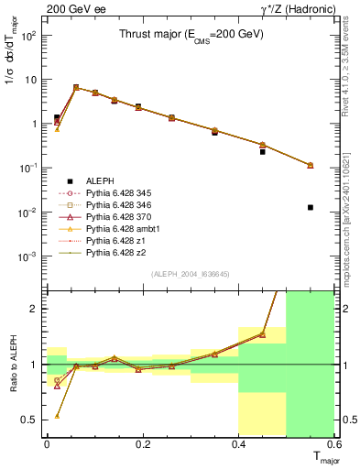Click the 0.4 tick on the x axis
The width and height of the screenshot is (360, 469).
pyautogui.click(x=239, y=444)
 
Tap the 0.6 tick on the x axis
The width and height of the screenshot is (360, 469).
pyautogui.click(x=335, y=444)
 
